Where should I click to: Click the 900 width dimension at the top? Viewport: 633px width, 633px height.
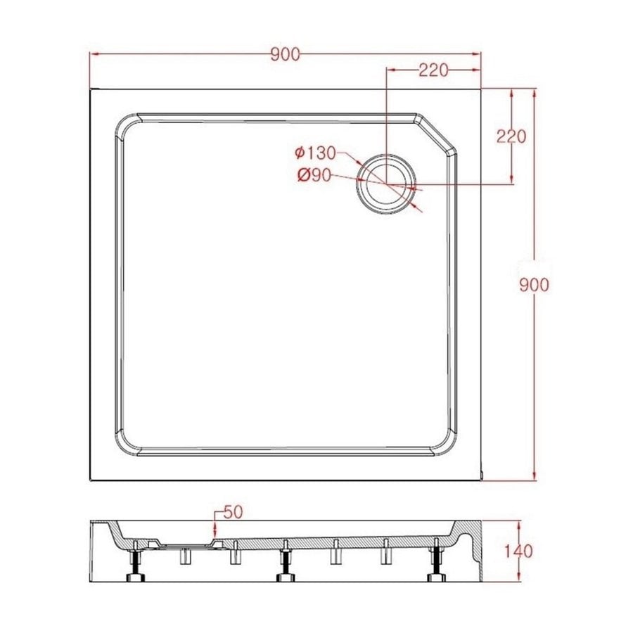[x=285, y=53]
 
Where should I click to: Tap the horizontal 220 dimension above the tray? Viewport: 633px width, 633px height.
[x=434, y=69]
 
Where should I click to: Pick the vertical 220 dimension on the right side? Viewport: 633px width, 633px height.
[x=511, y=136]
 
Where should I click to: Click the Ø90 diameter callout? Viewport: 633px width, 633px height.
[x=314, y=176]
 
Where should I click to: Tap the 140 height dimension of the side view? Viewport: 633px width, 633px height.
[x=519, y=551]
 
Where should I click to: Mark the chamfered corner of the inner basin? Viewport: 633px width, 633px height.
[x=436, y=135]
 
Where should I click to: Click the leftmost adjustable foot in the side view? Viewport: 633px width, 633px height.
[x=134, y=565]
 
